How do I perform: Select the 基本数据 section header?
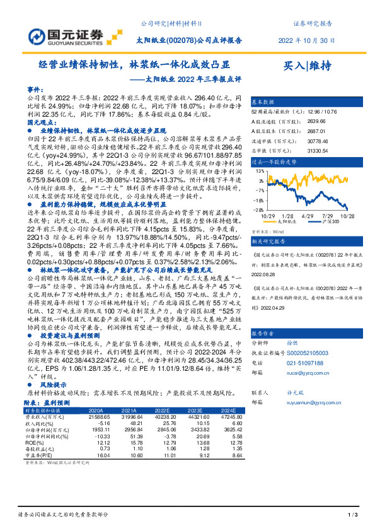263,102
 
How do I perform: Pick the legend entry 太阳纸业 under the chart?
287,221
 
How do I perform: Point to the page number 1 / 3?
353,516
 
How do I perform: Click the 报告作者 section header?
263,332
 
